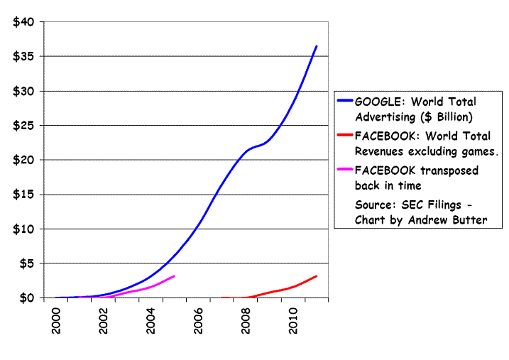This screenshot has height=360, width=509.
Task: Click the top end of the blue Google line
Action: pyautogui.click(x=316, y=46)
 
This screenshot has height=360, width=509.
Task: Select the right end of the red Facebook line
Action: pyautogui.click(x=316, y=276)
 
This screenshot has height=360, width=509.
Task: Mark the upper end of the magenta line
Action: pyautogui.click(x=174, y=276)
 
